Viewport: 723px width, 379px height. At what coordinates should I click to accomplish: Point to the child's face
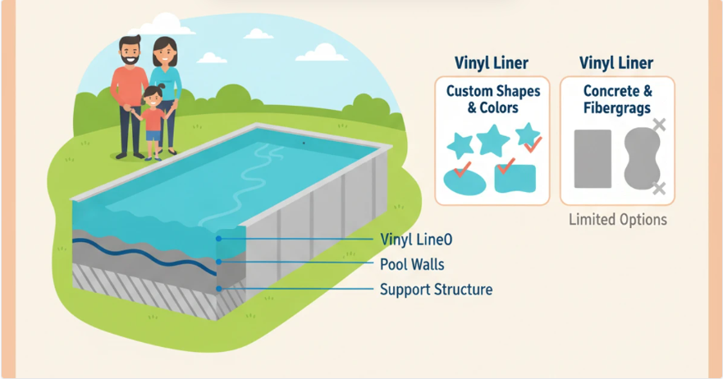point(153,98)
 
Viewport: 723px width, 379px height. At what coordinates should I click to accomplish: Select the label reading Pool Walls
point(413,264)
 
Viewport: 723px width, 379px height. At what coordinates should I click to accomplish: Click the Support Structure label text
point(436,290)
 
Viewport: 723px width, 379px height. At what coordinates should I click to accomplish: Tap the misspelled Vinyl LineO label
point(416,240)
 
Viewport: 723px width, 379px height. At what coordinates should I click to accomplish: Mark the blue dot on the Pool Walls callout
point(218,263)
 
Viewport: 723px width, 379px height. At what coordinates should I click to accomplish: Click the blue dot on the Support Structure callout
point(218,289)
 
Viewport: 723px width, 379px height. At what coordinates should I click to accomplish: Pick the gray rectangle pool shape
point(593,159)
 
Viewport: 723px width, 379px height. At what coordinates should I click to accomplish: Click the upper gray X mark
point(658,126)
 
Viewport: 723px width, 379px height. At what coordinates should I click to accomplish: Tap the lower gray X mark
point(658,189)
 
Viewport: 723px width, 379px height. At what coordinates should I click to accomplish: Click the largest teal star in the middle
point(492,139)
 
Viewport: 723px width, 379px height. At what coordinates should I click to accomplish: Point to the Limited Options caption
point(617,219)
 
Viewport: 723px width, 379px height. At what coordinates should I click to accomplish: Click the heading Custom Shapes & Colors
point(493,98)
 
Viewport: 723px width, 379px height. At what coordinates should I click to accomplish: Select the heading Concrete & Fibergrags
point(617,98)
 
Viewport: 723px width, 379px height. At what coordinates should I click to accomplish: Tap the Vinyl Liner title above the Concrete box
point(617,62)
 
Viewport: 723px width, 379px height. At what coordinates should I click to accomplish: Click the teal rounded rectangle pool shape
point(515,177)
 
